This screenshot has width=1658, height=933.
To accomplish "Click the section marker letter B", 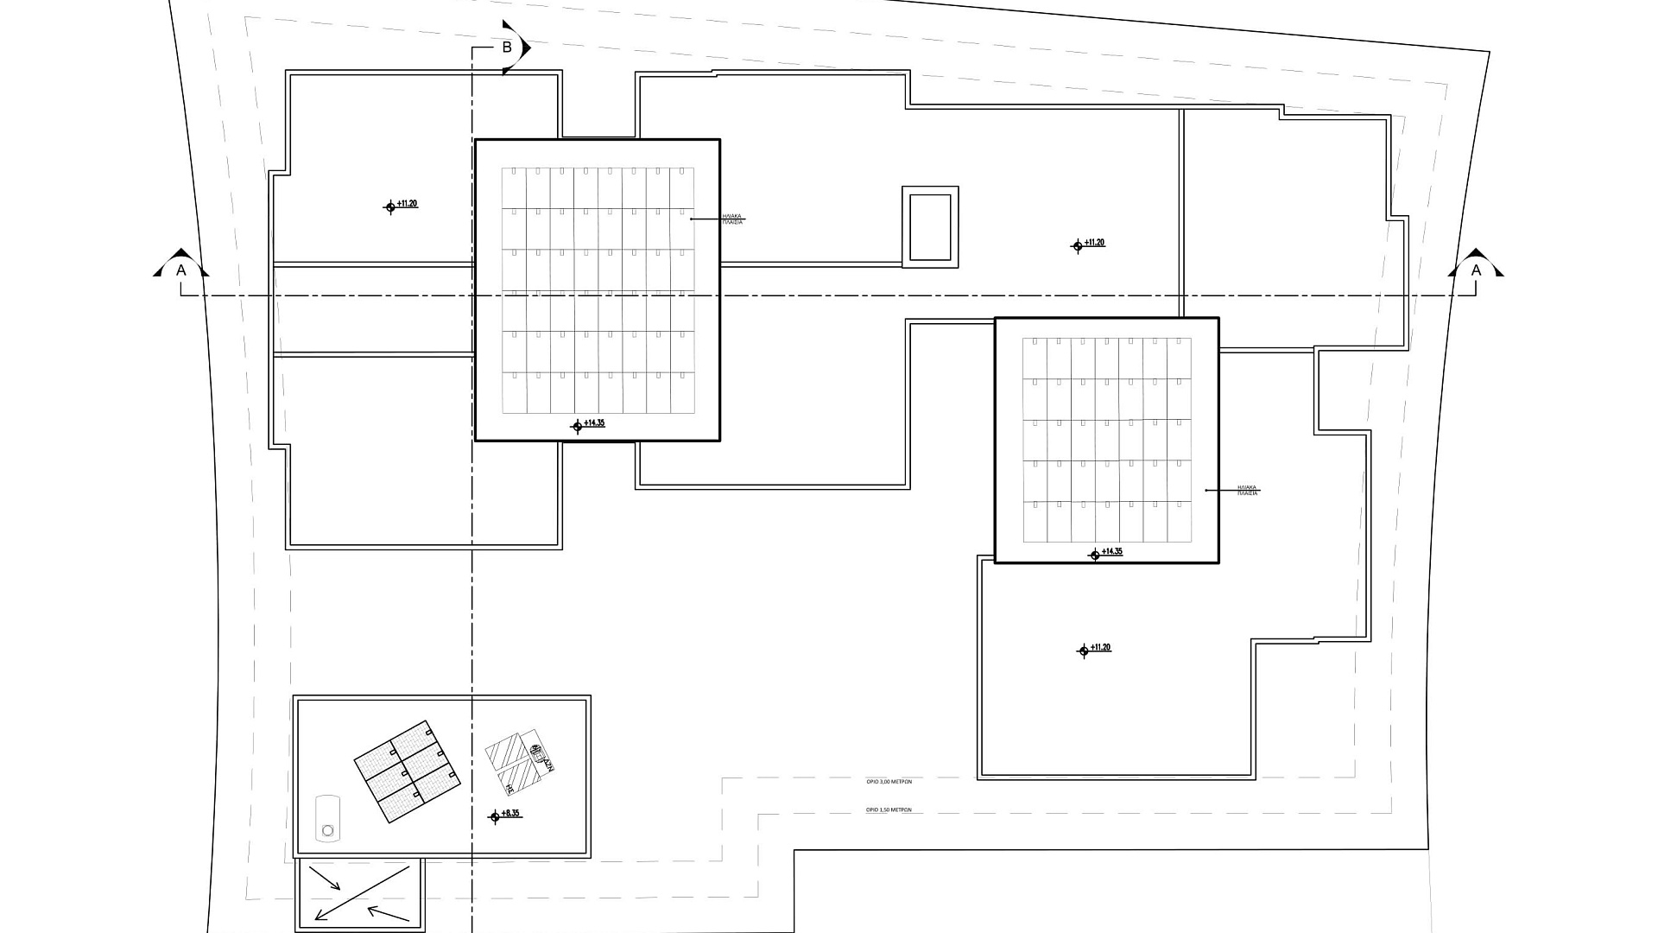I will point(508,48).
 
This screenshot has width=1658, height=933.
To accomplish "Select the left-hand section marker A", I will point(180,270).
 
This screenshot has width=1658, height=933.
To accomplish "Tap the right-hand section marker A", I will point(1476,270).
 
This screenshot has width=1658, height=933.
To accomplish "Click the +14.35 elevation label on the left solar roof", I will point(594,423).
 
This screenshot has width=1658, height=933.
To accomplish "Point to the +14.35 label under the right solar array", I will point(1111,552).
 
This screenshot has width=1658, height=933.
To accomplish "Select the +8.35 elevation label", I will point(510,814).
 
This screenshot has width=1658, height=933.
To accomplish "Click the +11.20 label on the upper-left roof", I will point(407,204).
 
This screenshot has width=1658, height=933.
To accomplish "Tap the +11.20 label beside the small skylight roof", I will point(1094,243).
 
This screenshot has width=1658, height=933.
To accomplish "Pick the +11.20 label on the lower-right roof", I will point(1100,648).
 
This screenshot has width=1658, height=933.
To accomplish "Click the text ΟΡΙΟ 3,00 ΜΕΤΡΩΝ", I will point(889,781).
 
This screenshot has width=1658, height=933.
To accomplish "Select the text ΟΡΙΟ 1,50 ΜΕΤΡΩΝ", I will point(889,810).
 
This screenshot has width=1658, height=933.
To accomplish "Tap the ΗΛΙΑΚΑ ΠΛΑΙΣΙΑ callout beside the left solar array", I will point(731,219).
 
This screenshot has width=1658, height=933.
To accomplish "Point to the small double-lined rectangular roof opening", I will point(930,227).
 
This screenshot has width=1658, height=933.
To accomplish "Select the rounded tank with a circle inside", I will point(327,817).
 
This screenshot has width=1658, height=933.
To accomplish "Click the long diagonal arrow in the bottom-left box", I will point(363,893).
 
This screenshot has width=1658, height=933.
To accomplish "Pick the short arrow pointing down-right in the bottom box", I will point(325,879).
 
